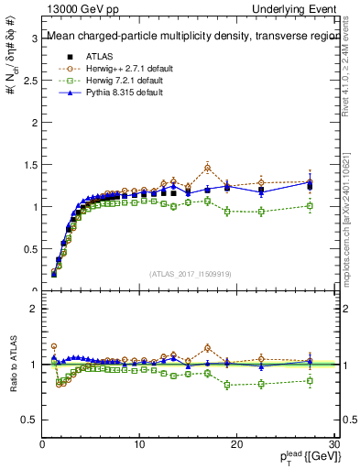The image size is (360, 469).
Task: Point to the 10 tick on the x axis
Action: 139,445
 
